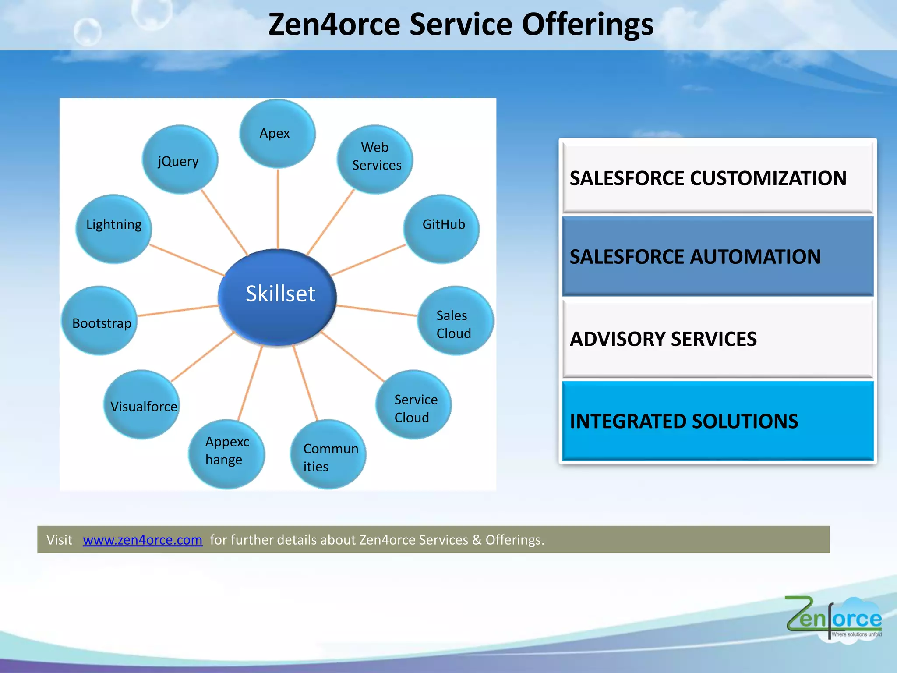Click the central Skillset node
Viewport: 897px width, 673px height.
[x=278, y=297]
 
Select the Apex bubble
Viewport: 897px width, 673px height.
[x=277, y=134]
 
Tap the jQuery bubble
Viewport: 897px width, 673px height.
[x=180, y=160]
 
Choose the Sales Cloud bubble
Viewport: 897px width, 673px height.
[x=455, y=321]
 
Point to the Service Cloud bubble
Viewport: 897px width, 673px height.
[x=413, y=404]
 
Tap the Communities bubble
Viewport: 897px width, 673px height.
[x=328, y=454]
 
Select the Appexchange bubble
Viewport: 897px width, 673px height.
[x=226, y=454]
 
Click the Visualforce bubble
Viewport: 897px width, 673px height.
[x=142, y=405]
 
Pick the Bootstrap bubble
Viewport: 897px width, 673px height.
[x=100, y=321]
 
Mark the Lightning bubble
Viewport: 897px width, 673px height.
[x=113, y=229]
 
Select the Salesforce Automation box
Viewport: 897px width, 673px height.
[x=717, y=256]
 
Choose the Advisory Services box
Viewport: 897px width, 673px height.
[x=717, y=339]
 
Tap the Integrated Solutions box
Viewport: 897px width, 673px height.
[x=717, y=421]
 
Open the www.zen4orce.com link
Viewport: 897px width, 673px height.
[x=142, y=540]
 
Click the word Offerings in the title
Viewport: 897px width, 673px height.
[x=587, y=25]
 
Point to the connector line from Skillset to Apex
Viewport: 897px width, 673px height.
[x=278, y=208]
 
